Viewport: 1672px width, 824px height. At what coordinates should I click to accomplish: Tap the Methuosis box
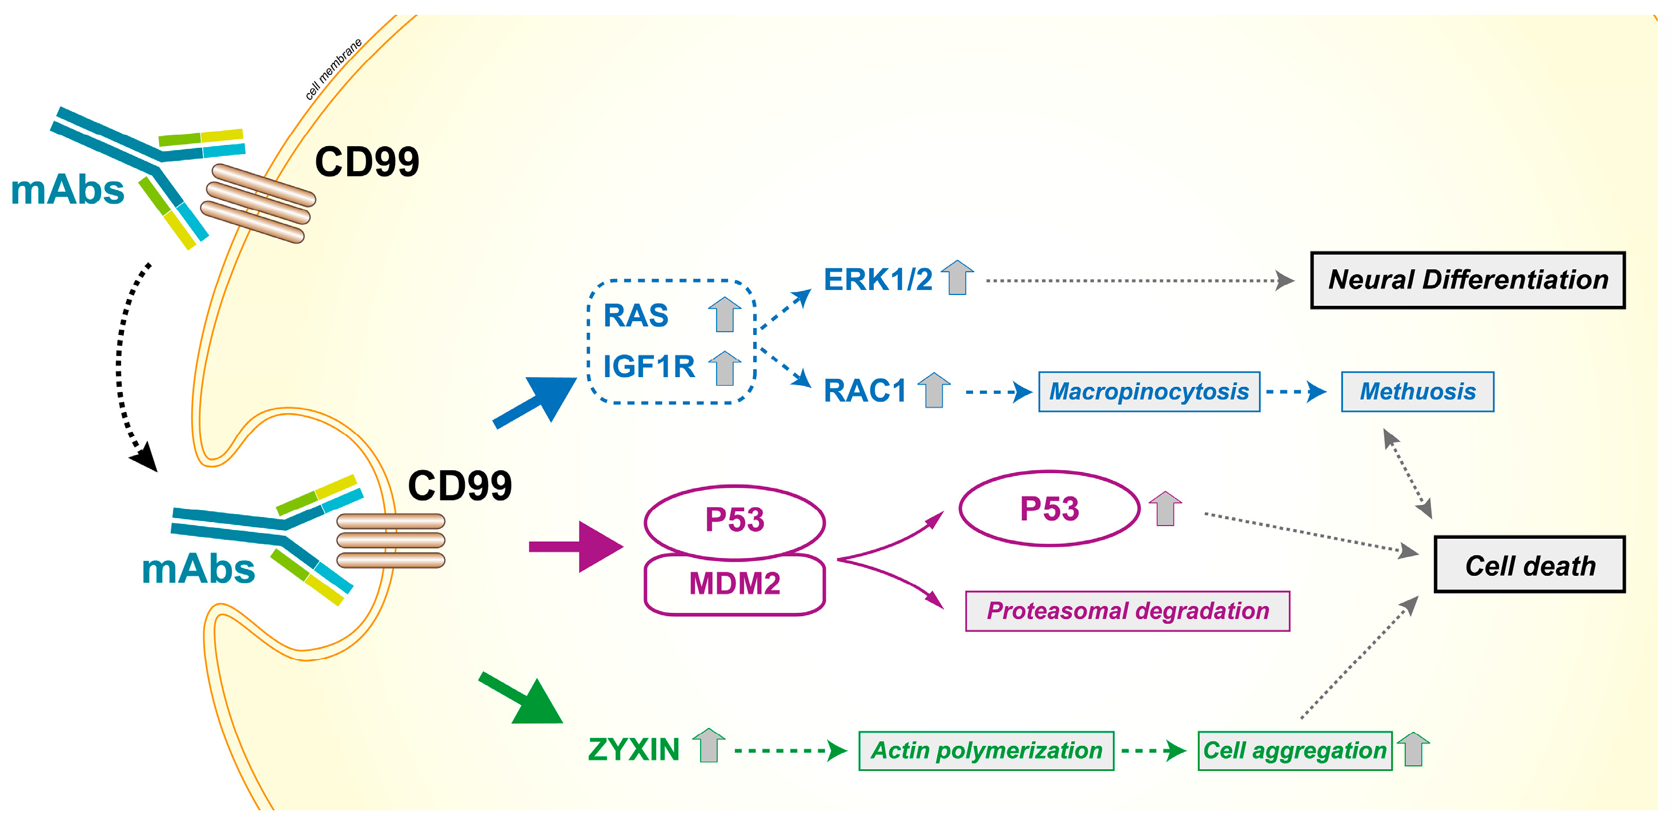[1417, 392]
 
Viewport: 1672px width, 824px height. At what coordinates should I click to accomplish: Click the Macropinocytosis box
[1148, 392]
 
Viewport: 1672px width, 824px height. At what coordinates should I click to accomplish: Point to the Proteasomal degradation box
[1127, 611]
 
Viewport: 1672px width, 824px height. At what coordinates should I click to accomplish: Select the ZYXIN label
[633, 750]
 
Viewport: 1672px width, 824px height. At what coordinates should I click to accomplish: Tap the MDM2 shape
[734, 584]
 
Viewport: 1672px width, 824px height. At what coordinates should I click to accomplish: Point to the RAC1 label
[864, 391]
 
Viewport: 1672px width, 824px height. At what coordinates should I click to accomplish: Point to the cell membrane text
[333, 70]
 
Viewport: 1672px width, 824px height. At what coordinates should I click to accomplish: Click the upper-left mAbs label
[67, 191]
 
